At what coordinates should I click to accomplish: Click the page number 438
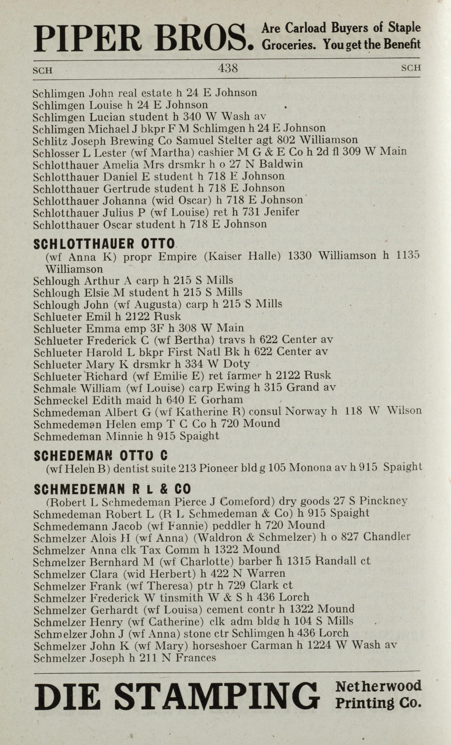[x=228, y=68]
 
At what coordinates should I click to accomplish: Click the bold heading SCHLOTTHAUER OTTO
[x=104, y=244]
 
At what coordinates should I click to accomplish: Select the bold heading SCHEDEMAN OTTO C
[x=101, y=456]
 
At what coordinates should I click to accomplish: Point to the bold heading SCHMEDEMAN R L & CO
[x=112, y=489]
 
